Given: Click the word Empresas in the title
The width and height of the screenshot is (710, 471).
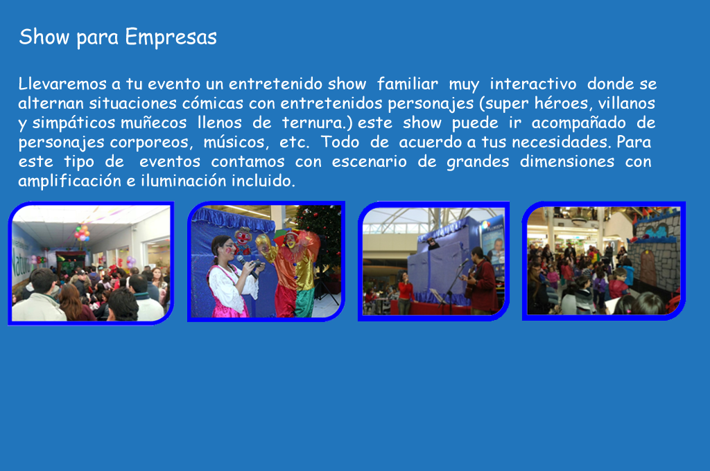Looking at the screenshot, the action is [x=171, y=37].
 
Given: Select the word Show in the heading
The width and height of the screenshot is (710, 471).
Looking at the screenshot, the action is [x=44, y=37].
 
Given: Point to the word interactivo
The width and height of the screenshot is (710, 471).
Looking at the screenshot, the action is [x=533, y=84].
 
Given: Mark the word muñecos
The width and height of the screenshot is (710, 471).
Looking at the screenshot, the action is [x=153, y=123].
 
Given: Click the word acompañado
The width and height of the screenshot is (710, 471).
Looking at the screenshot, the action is [x=578, y=123].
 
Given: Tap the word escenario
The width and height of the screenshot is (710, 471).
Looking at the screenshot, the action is [x=369, y=161].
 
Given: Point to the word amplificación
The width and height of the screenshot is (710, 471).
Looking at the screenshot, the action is [x=70, y=181].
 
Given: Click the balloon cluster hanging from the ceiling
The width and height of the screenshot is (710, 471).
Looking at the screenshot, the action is [x=82, y=233].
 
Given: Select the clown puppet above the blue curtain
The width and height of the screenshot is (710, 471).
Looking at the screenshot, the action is [x=243, y=240].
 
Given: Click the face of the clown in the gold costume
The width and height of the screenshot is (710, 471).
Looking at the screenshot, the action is [x=291, y=241].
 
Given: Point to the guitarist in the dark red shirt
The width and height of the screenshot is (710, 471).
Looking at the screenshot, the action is [x=480, y=281].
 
